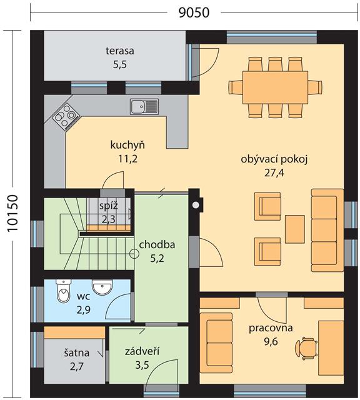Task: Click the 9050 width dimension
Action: click(194, 12)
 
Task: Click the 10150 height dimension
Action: click(12, 213)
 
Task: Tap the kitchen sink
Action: click(144, 107)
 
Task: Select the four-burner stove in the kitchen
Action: click(66, 117)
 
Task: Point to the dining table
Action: click(275, 87)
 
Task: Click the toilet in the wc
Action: click(63, 291)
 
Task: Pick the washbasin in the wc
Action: click(102, 287)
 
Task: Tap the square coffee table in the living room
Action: click(294, 229)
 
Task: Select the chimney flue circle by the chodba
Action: click(196, 204)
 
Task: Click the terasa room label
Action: click(120, 51)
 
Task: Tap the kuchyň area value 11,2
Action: click(128, 159)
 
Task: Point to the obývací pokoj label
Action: click(274, 159)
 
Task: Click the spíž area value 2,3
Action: click(108, 219)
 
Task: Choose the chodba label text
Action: click(157, 244)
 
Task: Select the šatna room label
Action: click(76, 352)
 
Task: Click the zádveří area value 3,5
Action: click(142, 365)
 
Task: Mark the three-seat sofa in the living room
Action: click(327, 231)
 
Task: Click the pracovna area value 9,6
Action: click(271, 342)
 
